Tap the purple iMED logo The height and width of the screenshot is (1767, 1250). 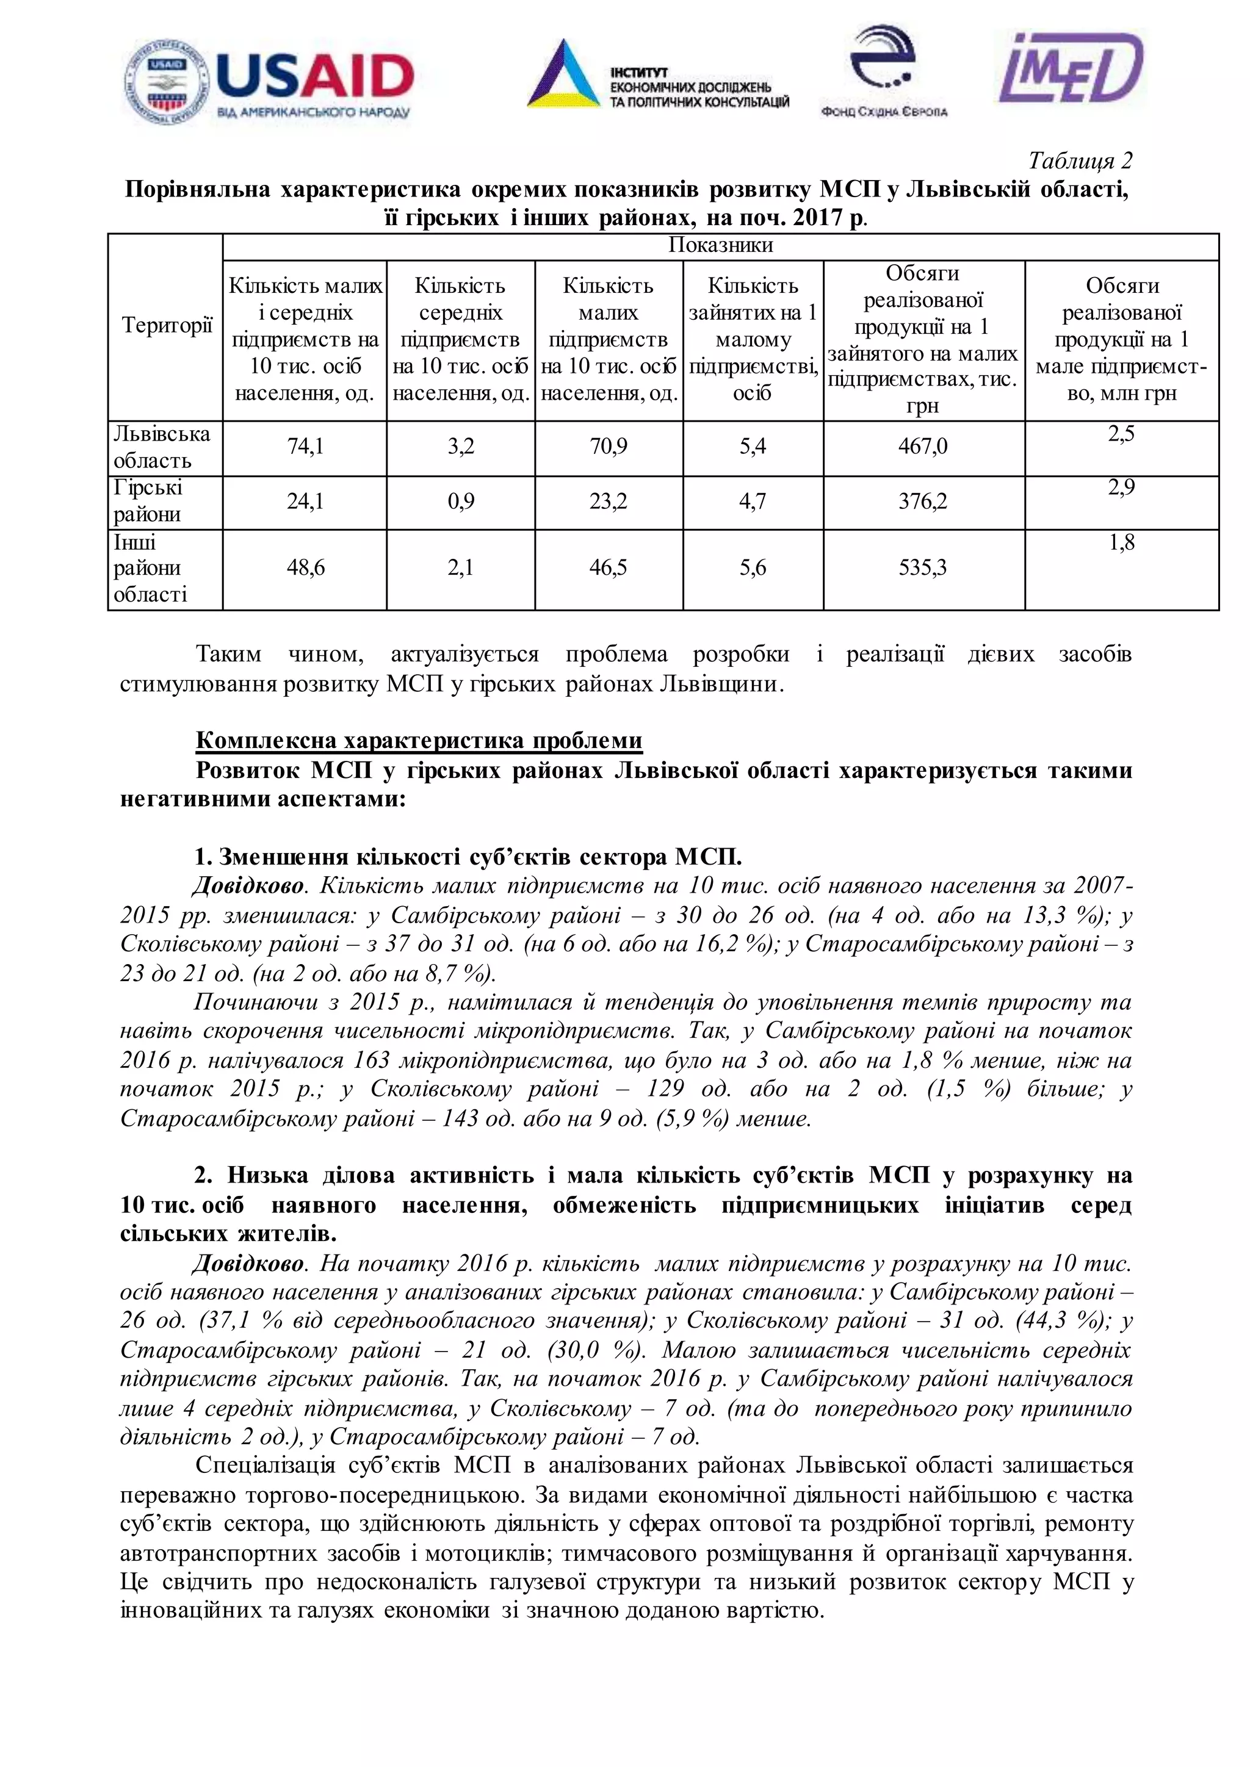[1071, 70]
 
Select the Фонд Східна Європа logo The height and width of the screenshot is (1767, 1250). [884, 73]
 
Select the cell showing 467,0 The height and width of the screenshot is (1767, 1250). [922, 447]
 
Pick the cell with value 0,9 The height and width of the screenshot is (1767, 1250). [460, 502]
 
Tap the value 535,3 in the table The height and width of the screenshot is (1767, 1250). [922, 568]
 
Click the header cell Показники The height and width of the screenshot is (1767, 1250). [720, 245]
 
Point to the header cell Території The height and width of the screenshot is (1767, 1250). [166, 326]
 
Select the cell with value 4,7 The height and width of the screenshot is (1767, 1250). [752, 502]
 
